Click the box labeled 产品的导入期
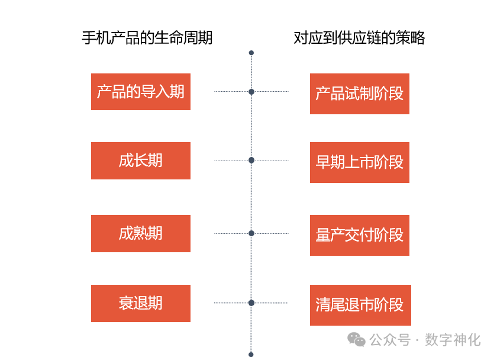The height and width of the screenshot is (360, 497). point(140,92)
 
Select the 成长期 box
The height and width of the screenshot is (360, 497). point(140,160)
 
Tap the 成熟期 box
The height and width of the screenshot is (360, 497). point(140,233)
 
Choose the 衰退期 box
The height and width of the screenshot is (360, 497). point(140,303)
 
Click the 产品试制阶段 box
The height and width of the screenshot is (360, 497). point(359,94)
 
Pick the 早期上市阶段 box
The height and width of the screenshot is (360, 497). point(359,162)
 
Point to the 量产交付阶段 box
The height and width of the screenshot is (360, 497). point(359,235)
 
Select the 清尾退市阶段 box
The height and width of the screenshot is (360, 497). point(359,305)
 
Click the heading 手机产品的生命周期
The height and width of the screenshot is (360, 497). point(147,38)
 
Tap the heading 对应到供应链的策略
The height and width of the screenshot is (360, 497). point(359,38)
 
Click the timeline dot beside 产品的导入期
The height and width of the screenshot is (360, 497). point(251,92)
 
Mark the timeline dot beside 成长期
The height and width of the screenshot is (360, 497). point(251,160)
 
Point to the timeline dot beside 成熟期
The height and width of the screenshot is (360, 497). point(251,233)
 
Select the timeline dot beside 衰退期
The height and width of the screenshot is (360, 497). point(251,303)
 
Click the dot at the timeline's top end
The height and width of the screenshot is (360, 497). point(251,53)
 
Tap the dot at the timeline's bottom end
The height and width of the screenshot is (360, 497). point(251,354)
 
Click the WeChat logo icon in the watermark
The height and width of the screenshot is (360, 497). point(356,339)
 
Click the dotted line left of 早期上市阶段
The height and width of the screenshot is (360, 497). point(271,160)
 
